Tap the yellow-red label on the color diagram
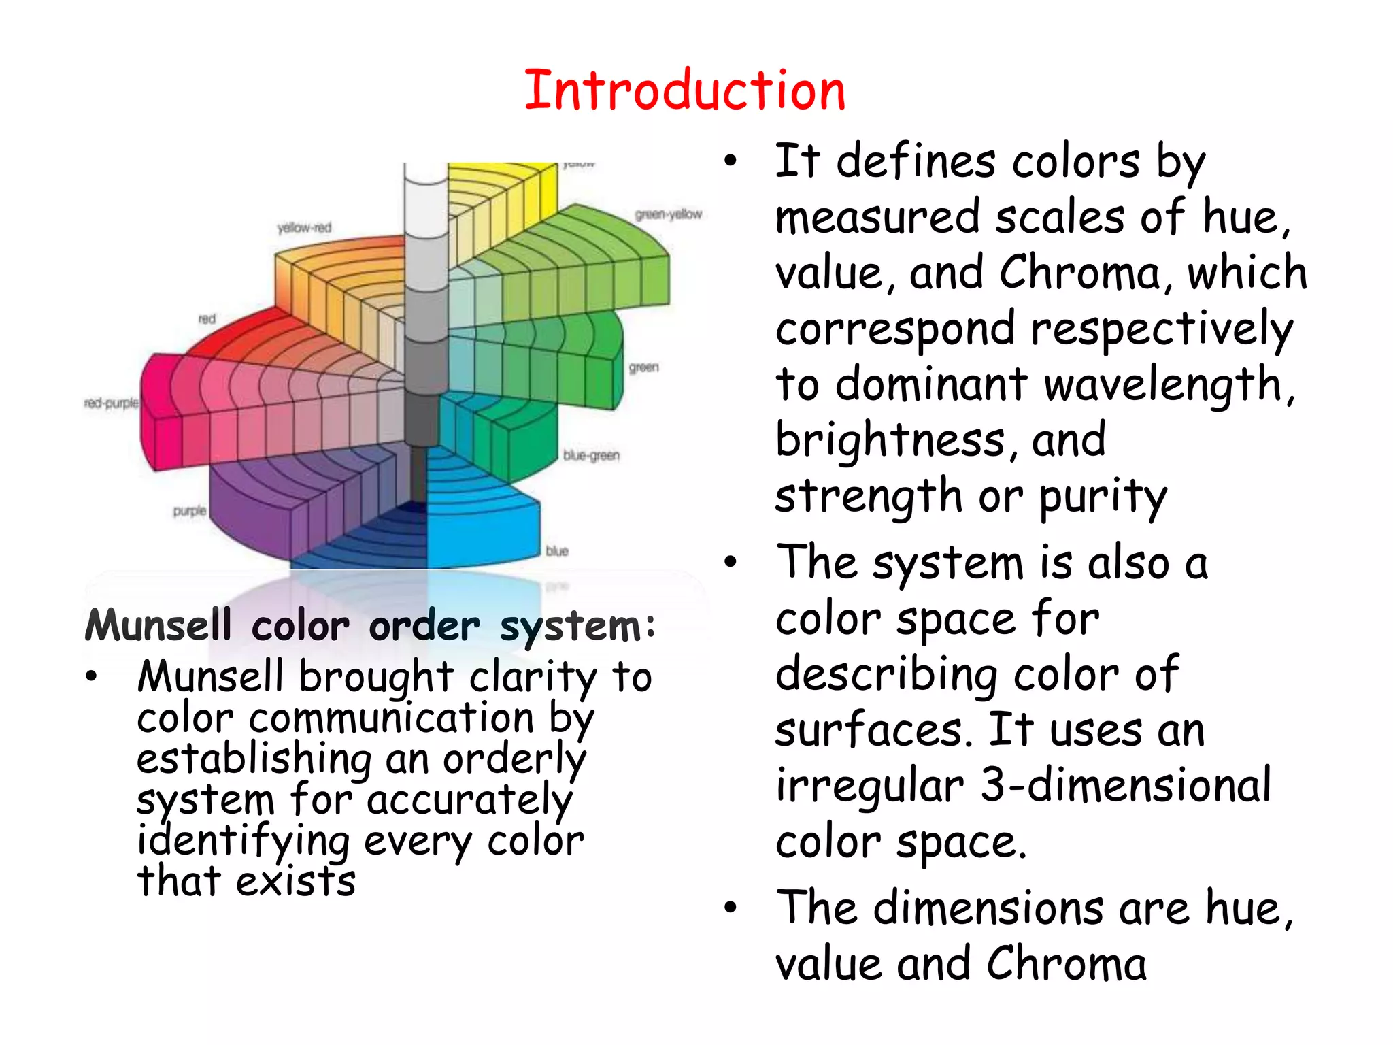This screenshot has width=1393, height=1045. pyautogui.click(x=304, y=227)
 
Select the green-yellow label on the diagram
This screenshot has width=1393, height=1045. pyautogui.click(x=668, y=214)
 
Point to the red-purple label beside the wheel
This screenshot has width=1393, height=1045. pyautogui.click(x=112, y=403)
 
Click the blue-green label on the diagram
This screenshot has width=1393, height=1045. pyautogui.click(x=591, y=455)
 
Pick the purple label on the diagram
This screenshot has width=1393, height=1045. pyautogui.click(x=190, y=510)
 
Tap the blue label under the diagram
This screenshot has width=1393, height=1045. pyautogui.click(x=557, y=550)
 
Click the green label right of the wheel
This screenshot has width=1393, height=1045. pyautogui.click(x=643, y=367)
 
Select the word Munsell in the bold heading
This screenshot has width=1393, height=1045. pyautogui.click(x=158, y=625)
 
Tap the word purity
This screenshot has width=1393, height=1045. pyautogui.click(x=1103, y=497)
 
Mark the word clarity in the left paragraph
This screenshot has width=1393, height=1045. pyautogui.click(x=533, y=678)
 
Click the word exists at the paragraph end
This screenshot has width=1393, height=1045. pyautogui.click(x=296, y=882)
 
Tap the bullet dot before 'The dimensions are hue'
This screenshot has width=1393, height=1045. pyautogui.click(x=731, y=908)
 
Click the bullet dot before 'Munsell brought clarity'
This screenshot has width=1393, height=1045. pyautogui.click(x=92, y=677)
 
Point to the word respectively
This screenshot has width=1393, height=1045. pyautogui.click(x=1161, y=330)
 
